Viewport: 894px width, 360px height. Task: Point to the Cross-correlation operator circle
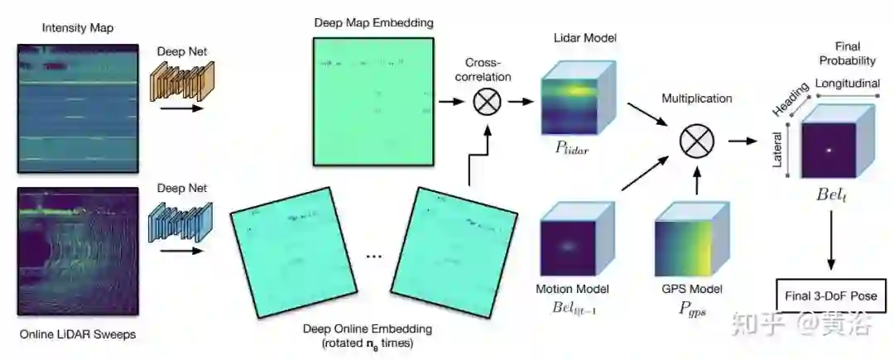(x=488, y=103)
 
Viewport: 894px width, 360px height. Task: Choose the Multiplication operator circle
(x=696, y=141)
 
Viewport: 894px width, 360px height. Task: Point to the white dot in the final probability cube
(x=829, y=150)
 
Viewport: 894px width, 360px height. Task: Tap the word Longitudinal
(x=848, y=84)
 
